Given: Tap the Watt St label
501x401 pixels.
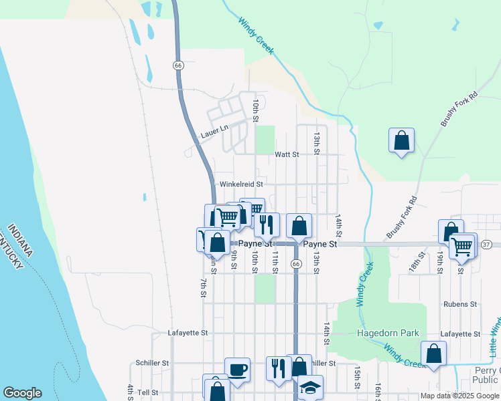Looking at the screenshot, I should [x=286, y=154].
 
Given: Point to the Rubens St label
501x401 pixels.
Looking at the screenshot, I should [x=459, y=303].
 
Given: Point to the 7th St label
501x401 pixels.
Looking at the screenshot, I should [x=203, y=286].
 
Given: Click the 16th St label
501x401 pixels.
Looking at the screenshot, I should [x=378, y=390].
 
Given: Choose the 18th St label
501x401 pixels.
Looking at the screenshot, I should [x=421, y=261].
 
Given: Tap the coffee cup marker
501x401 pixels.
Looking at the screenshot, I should [x=237, y=369].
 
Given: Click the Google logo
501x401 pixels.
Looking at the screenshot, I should [x=22, y=393].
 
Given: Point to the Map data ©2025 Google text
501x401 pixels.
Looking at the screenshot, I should [x=459, y=396].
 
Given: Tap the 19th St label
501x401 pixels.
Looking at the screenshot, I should [x=439, y=263].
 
